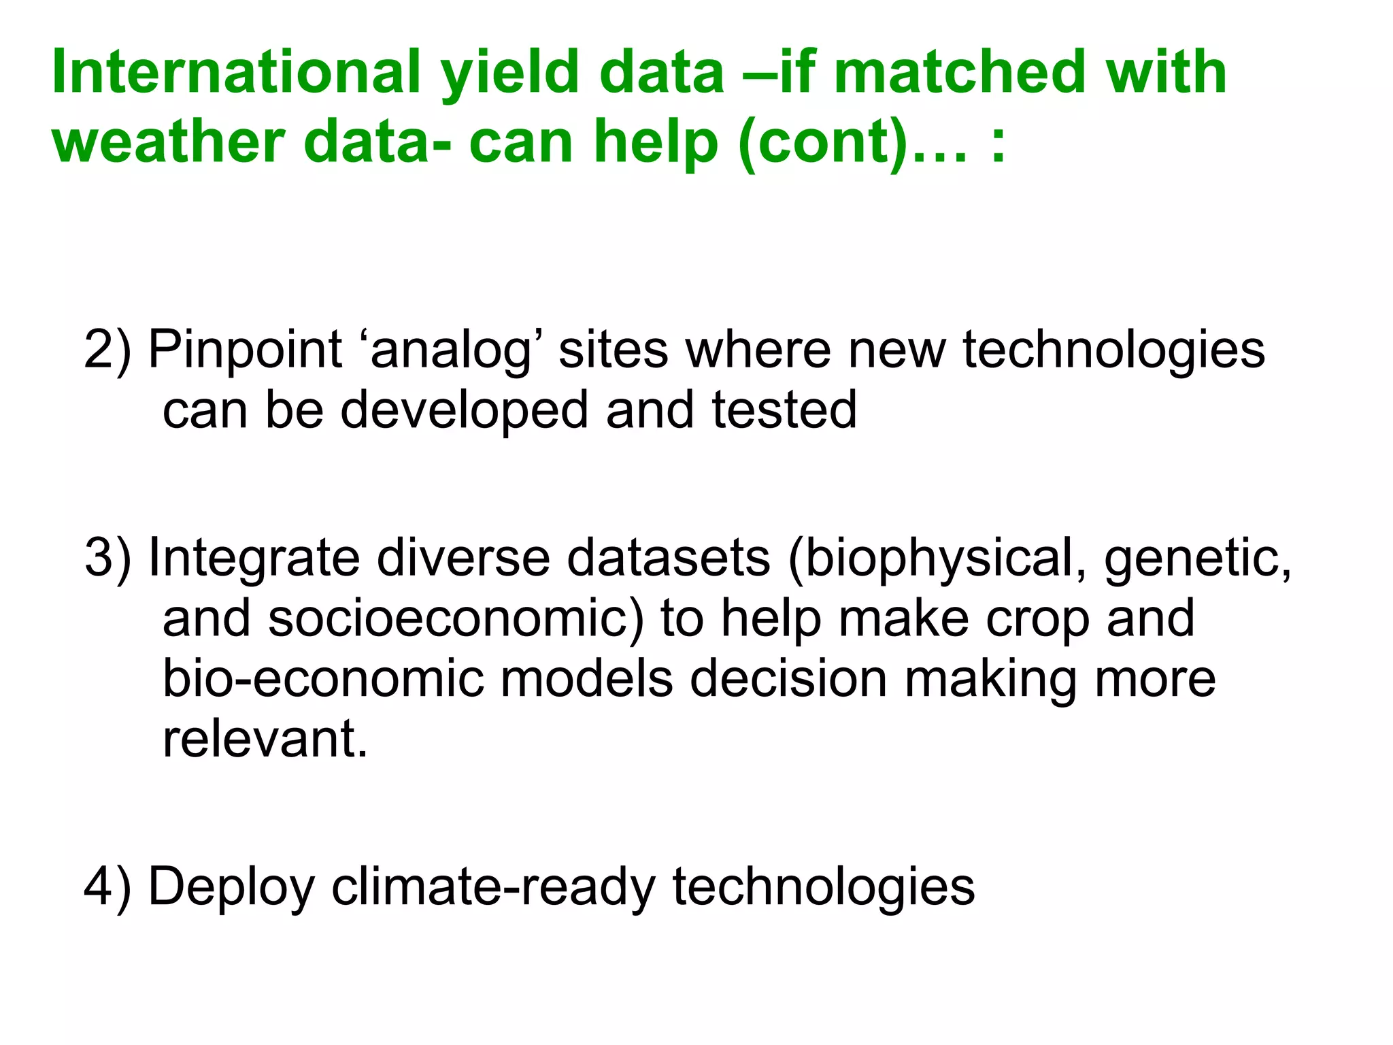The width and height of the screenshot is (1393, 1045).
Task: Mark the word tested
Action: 784,410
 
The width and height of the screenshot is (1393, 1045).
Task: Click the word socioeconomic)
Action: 456,618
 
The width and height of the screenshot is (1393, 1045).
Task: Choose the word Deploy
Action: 232,886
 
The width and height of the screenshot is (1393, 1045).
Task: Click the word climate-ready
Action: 493,886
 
